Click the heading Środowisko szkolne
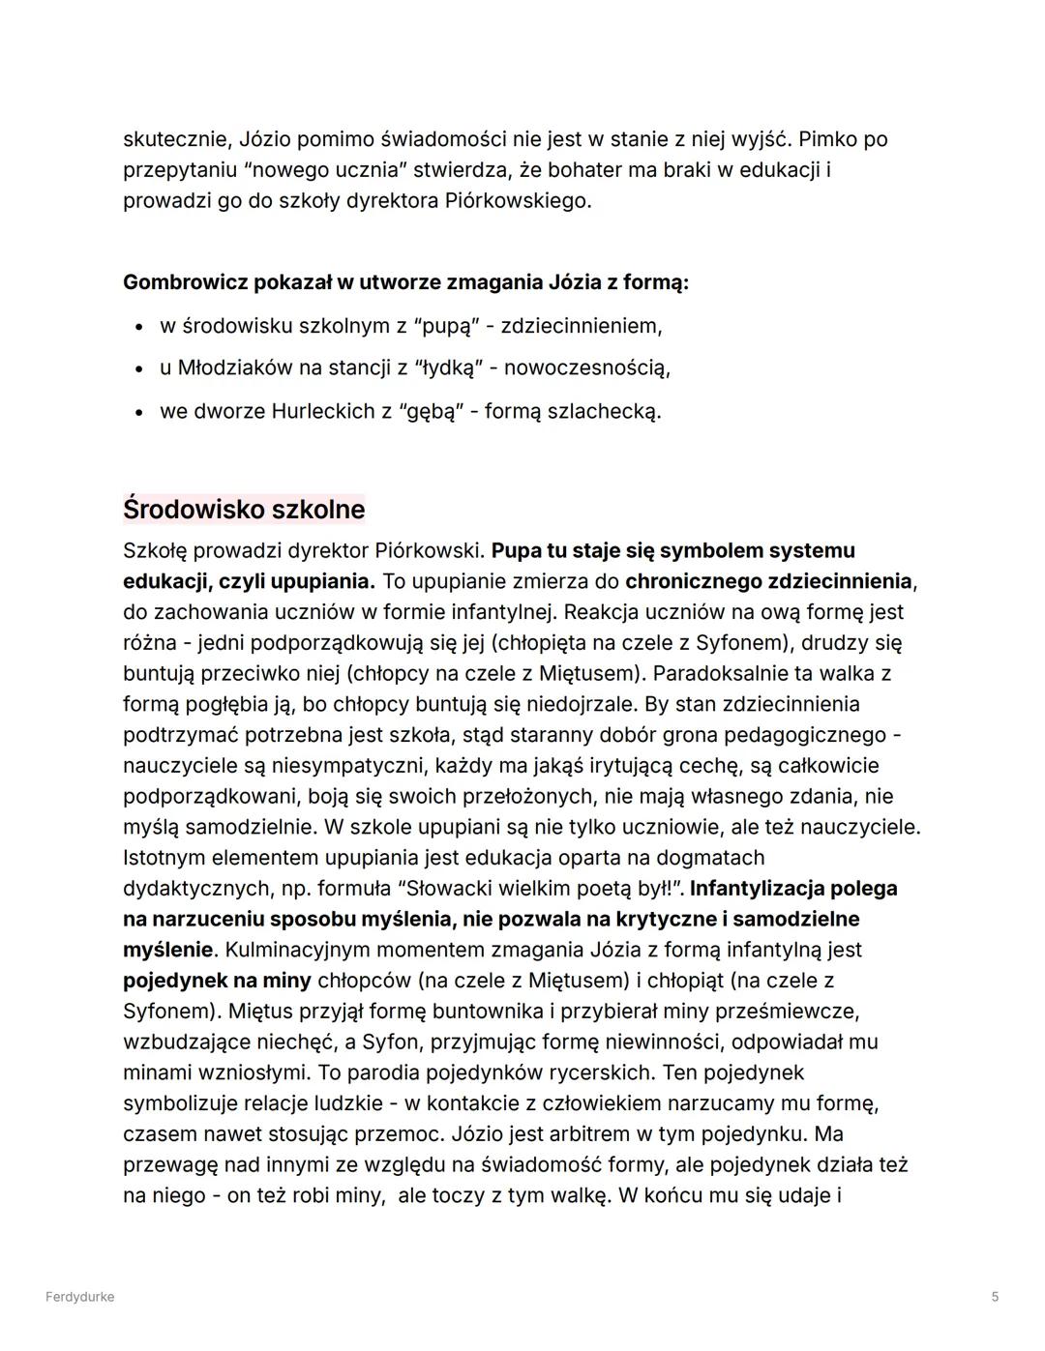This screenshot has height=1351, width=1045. (244, 509)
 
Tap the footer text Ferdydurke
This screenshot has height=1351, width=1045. (79, 1297)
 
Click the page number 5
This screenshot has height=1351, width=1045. (995, 1297)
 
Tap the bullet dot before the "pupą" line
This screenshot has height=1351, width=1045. (140, 327)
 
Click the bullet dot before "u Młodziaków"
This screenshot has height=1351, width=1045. (140, 369)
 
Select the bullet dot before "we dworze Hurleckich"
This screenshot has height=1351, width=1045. (140, 412)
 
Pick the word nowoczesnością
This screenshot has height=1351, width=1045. (586, 368)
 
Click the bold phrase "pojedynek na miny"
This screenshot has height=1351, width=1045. (217, 981)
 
